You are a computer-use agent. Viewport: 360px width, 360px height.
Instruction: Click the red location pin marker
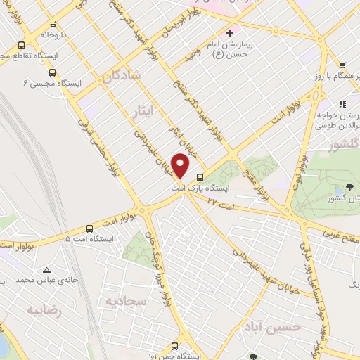181,165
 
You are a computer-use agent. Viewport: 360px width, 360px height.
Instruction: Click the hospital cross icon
229,33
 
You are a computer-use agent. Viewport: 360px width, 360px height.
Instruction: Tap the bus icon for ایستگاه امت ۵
89,229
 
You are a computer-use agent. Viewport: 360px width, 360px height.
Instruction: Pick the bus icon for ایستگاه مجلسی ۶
52,72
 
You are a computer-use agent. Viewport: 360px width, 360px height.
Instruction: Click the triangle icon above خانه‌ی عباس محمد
46,270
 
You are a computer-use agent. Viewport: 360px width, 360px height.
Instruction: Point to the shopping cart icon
341,65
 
